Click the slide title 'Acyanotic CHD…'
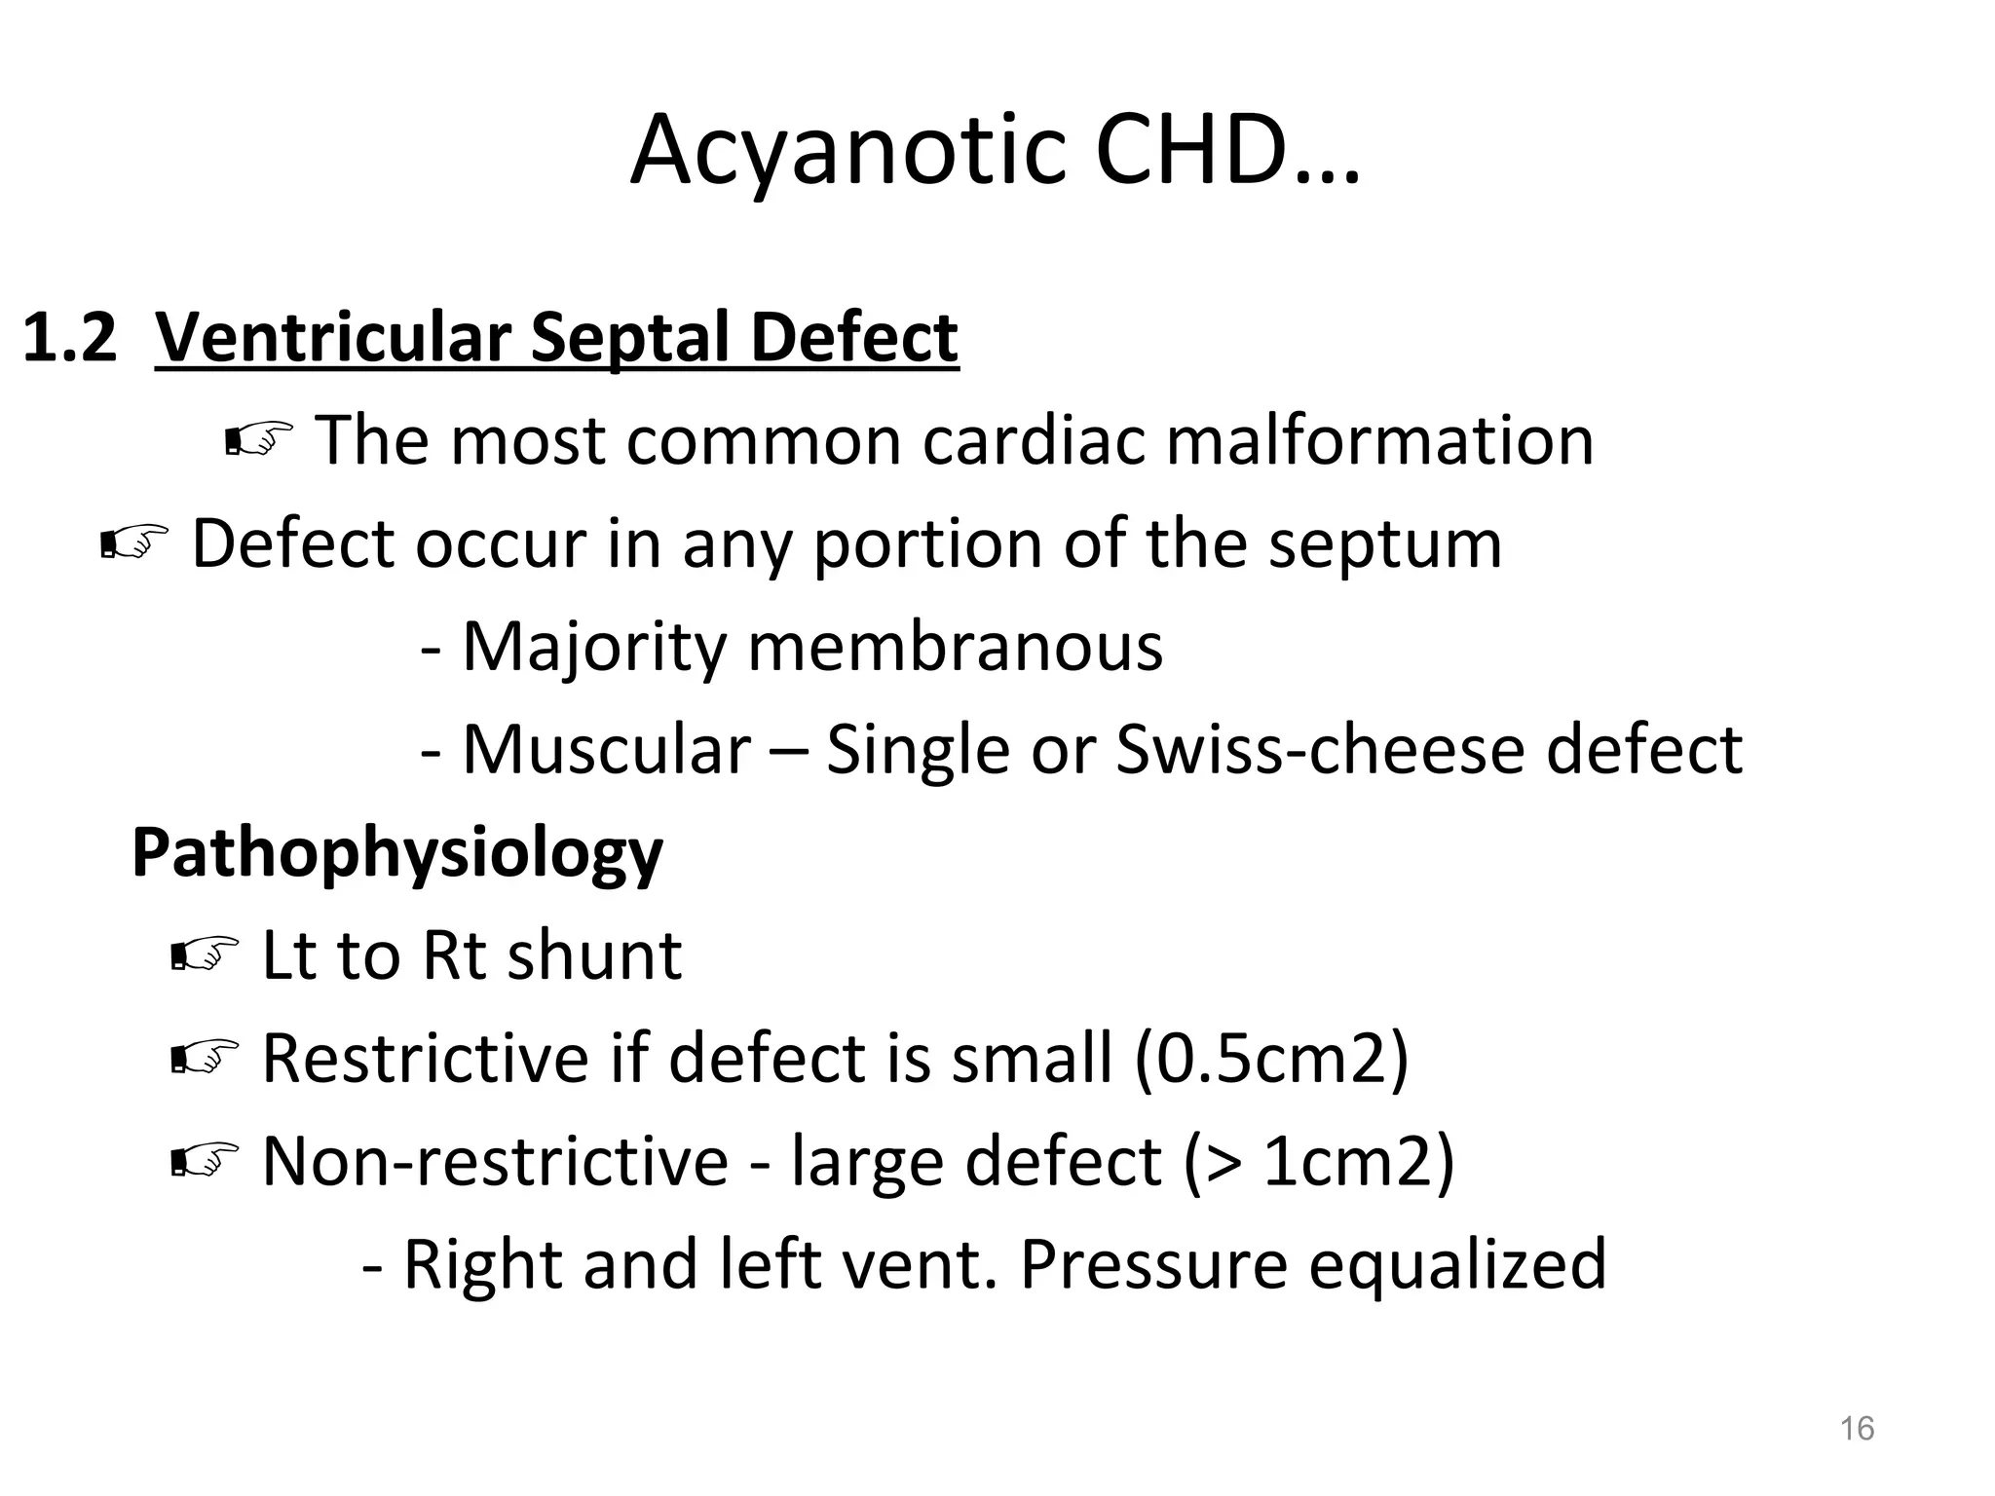click(995, 151)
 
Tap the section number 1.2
click(68, 338)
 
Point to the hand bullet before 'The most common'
click(258, 441)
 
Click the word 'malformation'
click(1379, 440)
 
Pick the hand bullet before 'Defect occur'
click(134, 543)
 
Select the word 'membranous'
click(955, 647)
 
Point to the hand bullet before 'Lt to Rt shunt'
click(204, 955)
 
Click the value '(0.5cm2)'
click(1271, 1059)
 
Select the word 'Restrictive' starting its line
click(426, 1059)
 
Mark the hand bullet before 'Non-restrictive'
click(204, 1161)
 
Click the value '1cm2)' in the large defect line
click(1357, 1162)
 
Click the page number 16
click(1857, 1429)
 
